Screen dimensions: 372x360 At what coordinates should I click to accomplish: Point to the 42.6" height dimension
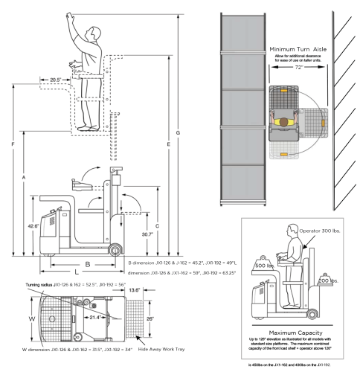tap(32, 225)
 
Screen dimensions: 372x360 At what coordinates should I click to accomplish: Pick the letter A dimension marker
tap(24, 179)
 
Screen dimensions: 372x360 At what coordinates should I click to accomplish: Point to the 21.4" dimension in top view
tap(96, 317)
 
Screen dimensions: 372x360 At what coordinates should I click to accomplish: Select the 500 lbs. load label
tap(262, 264)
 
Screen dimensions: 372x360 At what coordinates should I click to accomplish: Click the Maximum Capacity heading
tap(299, 333)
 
